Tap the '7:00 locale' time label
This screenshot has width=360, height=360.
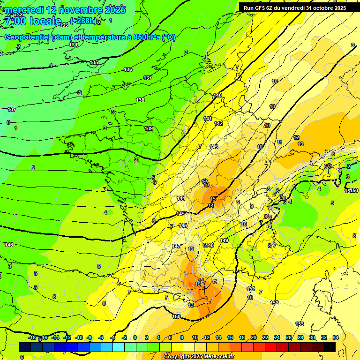click(33, 21)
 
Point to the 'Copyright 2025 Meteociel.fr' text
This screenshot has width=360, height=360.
click(199, 357)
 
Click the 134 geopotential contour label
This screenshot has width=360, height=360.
click(73, 45)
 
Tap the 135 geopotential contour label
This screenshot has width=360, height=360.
click(94, 62)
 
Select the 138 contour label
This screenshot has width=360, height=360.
click(140, 100)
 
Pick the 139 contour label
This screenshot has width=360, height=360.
click(149, 128)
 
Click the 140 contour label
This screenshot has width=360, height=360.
click(217, 95)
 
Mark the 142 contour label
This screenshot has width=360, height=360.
click(218, 123)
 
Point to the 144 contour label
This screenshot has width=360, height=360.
click(181, 198)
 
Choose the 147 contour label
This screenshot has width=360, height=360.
click(176, 246)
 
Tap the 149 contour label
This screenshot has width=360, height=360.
click(224, 240)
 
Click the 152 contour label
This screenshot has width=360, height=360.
click(275, 303)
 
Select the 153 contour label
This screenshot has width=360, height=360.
click(300, 324)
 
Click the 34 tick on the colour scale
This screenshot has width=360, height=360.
click(335, 337)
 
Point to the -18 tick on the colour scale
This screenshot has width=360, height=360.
click(32, 337)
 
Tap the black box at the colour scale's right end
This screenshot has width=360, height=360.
click(330, 347)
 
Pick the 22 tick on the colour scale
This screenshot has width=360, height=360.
click(265, 337)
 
